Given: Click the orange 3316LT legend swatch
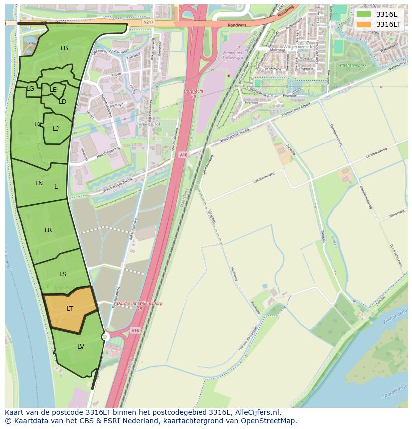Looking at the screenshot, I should [364, 24].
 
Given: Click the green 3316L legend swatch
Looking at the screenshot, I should [364, 14].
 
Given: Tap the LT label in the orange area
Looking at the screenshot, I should [70, 309].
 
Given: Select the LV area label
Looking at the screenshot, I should [81, 346].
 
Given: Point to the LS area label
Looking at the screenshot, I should [63, 274].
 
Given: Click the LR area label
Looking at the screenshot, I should [48, 230].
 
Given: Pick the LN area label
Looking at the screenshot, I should [39, 183].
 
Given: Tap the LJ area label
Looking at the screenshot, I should [56, 128].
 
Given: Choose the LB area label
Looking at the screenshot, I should [64, 48].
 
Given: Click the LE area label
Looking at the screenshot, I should [53, 90].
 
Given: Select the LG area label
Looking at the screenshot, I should [30, 89].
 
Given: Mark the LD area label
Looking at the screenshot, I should [63, 102].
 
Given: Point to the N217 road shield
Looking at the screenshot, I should [148, 22].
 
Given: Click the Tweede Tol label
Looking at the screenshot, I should [146, 124].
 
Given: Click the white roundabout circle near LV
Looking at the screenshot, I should [104, 337].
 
